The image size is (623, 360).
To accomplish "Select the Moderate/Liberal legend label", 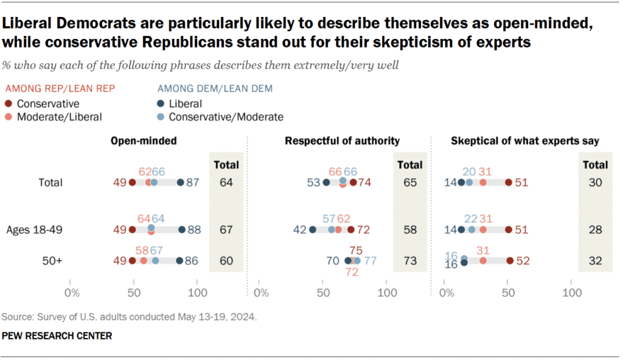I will (x=59, y=116).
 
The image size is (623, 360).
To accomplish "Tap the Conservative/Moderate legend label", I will (x=226, y=116).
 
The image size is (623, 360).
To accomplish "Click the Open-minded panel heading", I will (x=144, y=141).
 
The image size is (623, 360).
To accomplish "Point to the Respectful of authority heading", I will (x=343, y=141).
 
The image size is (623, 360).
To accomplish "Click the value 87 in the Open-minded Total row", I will (x=193, y=182).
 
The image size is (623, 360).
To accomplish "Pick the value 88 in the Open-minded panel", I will (x=194, y=230).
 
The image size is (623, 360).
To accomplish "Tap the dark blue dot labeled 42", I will (x=313, y=230).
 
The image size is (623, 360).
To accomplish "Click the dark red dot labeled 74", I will (x=352, y=182).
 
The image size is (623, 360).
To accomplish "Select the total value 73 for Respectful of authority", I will (x=409, y=261).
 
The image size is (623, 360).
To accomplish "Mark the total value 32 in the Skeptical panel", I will (x=595, y=261).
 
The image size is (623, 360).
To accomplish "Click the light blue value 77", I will (x=371, y=261).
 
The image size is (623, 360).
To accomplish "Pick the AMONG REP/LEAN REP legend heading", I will (x=60, y=88).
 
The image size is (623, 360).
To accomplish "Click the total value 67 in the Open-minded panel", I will (x=226, y=230).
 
